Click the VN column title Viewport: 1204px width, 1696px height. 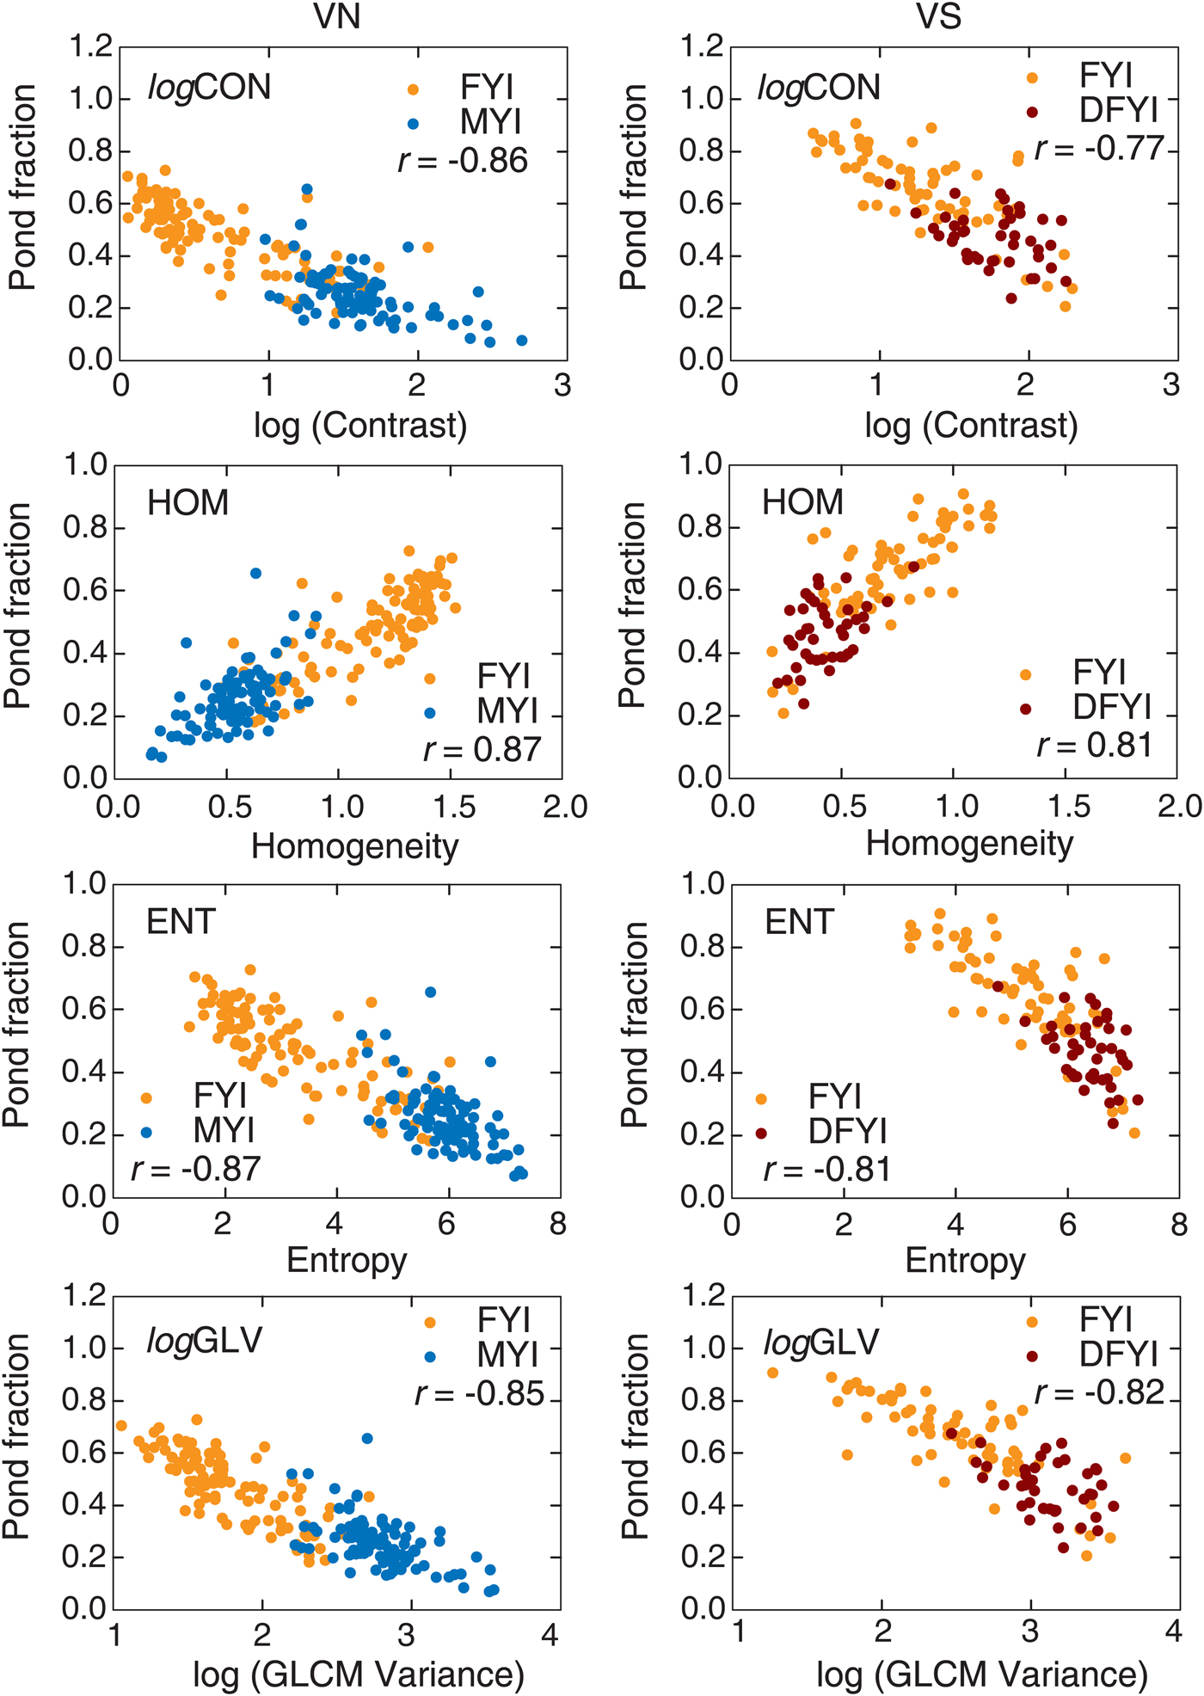[337, 17]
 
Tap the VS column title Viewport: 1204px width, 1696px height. [938, 17]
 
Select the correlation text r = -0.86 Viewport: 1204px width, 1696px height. [463, 161]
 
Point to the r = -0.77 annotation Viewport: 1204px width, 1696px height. [1099, 149]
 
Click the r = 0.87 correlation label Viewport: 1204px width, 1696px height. [482, 749]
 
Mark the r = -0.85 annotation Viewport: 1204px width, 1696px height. [479, 1393]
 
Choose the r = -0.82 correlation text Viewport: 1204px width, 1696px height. [1099, 1392]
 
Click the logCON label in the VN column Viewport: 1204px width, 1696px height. [209, 88]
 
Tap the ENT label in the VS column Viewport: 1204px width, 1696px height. [799, 922]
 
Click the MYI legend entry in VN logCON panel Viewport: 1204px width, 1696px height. [490, 123]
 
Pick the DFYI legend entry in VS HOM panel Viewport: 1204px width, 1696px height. [1111, 707]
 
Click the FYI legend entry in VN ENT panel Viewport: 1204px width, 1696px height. [220, 1096]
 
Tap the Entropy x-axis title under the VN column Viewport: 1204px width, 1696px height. [347, 1260]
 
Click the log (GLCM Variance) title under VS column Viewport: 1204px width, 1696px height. [982, 1674]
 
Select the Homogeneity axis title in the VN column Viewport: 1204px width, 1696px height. [354, 846]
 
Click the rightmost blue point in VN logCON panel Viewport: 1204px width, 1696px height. [521, 341]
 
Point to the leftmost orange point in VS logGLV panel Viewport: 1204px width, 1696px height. [772, 1373]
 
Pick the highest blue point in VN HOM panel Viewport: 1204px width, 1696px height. [255, 573]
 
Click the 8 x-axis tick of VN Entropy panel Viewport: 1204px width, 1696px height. [558, 1223]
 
